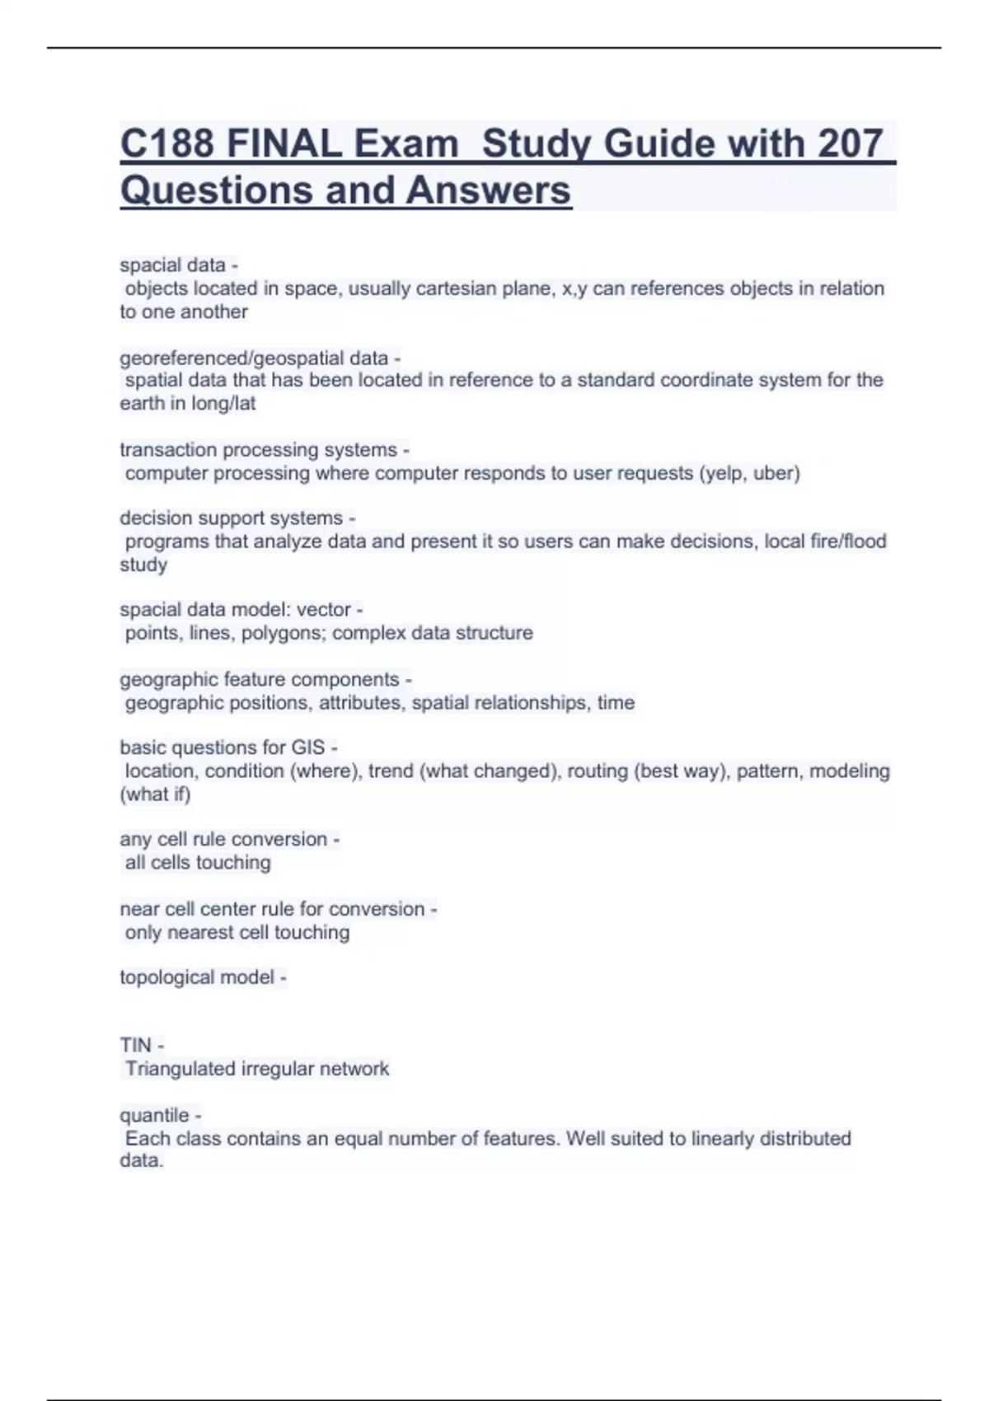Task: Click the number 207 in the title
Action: [850, 143]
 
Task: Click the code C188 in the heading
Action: [168, 143]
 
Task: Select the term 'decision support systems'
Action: [231, 518]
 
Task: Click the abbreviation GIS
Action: [307, 747]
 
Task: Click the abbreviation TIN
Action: [135, 1045]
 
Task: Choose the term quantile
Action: [154, 1115]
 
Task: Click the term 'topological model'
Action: [197, 977]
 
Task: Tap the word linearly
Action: [722, 1138]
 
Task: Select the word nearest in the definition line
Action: [200, 932]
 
